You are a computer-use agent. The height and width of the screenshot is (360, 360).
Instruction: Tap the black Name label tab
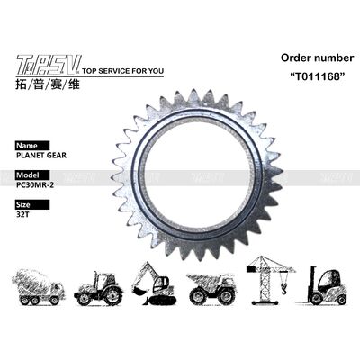coord(29,143)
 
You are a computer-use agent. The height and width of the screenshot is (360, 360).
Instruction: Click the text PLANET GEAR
coord(40,154)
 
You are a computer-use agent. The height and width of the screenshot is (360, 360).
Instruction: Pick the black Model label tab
coord(31,174)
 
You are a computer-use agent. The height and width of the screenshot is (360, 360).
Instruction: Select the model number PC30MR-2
coord(37,184)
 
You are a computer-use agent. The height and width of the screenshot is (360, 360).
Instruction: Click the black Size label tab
coord(28,204)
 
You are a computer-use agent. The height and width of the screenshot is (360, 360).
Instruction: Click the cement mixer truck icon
coord(41,287)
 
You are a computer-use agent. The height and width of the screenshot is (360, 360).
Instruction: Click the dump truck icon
coord(212,287)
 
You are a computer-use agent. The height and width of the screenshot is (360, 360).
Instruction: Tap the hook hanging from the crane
coord(283,288)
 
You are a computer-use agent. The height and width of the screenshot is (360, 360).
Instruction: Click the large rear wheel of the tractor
coord(111,295)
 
